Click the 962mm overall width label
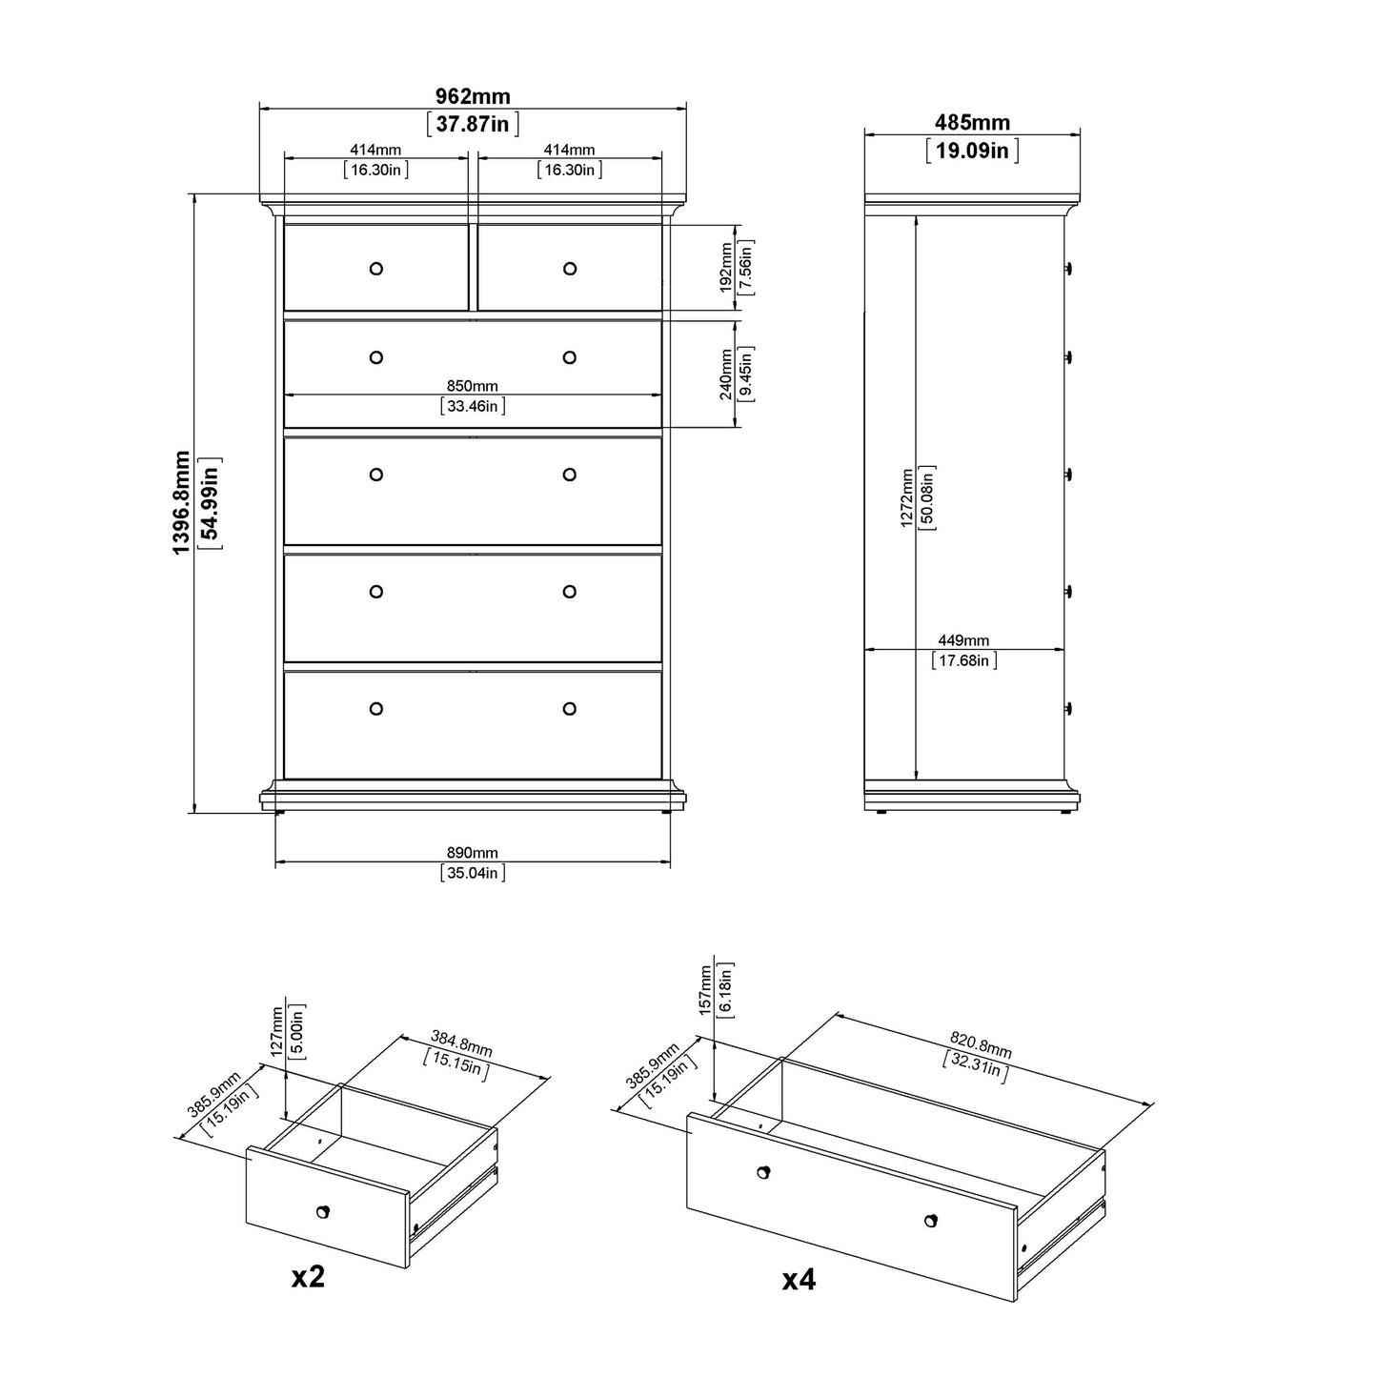pos(473,95)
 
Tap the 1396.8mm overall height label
pos(181,502)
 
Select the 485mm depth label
pos(972,122)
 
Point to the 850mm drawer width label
pos(472,386)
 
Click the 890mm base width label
pos(472,853)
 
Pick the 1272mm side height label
pos(906,498)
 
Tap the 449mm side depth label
pos(963,640)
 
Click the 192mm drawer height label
pos(726,268)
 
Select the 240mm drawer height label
pos(726,374)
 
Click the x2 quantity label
pos(308,1277)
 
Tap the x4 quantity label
pos(799,1280)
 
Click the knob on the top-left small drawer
pos(375,269)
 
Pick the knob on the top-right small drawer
pos(570,269)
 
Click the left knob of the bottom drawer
pos(375,709)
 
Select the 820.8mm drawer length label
pos(981,1044)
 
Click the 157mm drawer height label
pos(705,990)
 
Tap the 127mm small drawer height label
pos(277,1031)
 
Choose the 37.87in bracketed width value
pos(473,124)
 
